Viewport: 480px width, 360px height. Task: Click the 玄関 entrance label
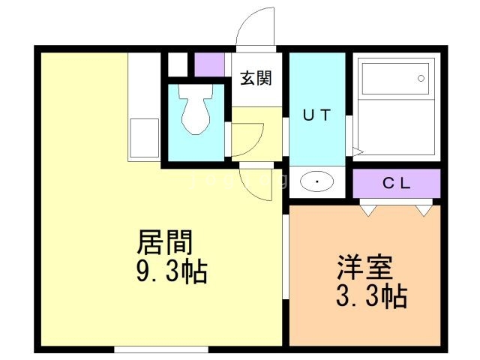[x=255, y=78]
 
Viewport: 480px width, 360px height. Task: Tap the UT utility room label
[x=316, y=115]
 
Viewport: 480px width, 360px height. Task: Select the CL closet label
[x=395, y=182]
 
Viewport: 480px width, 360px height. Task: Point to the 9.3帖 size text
[x=171, y=270]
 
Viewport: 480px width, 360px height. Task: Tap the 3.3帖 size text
[x=370, y=296]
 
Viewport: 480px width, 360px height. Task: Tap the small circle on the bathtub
[x=421, y=77]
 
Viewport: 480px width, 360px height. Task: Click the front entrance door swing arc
[x=253, y=26]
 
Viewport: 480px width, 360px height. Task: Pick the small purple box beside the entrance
[x=210, y=64]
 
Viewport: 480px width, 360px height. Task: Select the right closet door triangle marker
[x=425, y=210]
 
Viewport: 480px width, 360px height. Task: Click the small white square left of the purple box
[x=178, y=64]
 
